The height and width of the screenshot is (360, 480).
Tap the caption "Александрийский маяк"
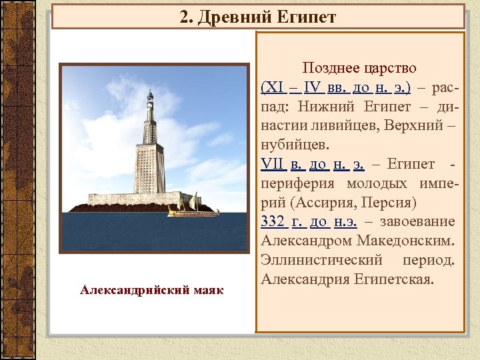pos(152,290)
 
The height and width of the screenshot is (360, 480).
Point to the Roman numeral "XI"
pos(273,87)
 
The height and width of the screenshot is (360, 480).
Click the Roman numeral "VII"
pos(273,164)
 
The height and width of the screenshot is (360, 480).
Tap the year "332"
pos(274,221)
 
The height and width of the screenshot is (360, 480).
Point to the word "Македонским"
pos(401,241)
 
